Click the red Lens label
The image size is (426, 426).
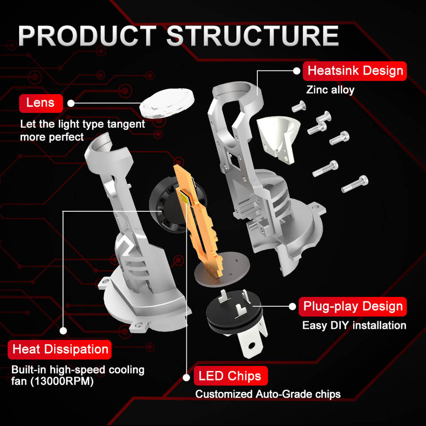coord(41,103)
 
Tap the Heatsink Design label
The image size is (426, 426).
coord(355,71)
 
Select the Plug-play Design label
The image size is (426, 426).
coord(352,307)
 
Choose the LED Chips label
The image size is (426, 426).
coord(231,376)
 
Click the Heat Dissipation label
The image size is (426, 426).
coord(60,349)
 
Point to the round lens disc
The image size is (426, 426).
coord(167,103)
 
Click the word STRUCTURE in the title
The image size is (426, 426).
coord(252,36)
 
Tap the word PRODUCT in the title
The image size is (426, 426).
coord(87,36)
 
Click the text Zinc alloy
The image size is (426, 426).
coord(330,90)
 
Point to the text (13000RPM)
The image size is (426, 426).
coord(62,381)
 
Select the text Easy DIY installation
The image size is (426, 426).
coord(354,325)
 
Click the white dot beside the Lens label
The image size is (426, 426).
coord(71,103)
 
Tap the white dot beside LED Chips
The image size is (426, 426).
coord(186,378)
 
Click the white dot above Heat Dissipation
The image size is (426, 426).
coord(63,331)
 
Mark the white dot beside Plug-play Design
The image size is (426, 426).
coord(292,307)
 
